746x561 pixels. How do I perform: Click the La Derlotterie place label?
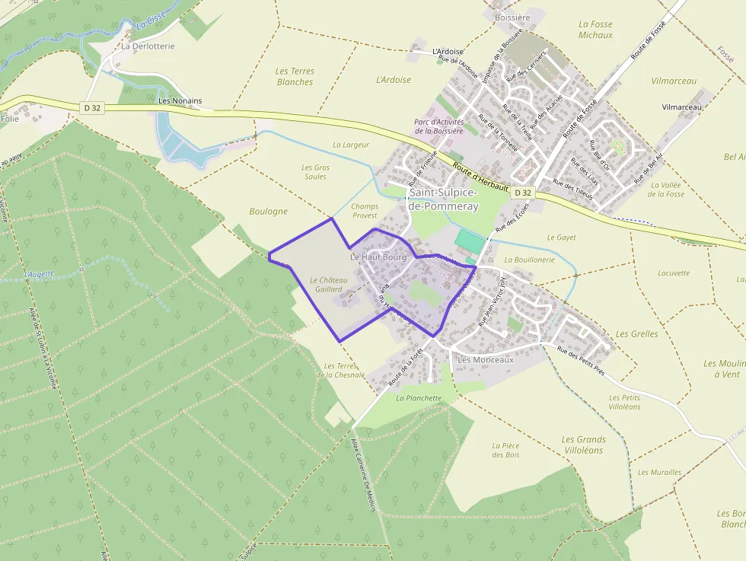[148, 46]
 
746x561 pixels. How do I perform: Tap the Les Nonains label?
[180, 100]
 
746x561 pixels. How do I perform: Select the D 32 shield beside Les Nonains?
[92, 108]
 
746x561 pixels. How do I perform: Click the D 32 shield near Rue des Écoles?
[522, 193]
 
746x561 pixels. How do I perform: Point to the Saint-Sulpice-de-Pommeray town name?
[443, 199]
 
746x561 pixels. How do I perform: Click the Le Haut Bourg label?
[378, 257]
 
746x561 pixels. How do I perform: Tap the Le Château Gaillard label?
[329, 285]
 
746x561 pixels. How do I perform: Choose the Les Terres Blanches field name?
[295, 76]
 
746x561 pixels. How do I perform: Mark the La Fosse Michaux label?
[595, 30]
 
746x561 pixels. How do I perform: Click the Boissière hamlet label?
[512, 18]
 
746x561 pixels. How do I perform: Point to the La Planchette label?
[419, 397]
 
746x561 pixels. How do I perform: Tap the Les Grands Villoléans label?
[583, 445]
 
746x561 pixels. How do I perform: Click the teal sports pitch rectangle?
[469, 242]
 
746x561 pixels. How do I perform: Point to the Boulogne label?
[268, 211]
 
